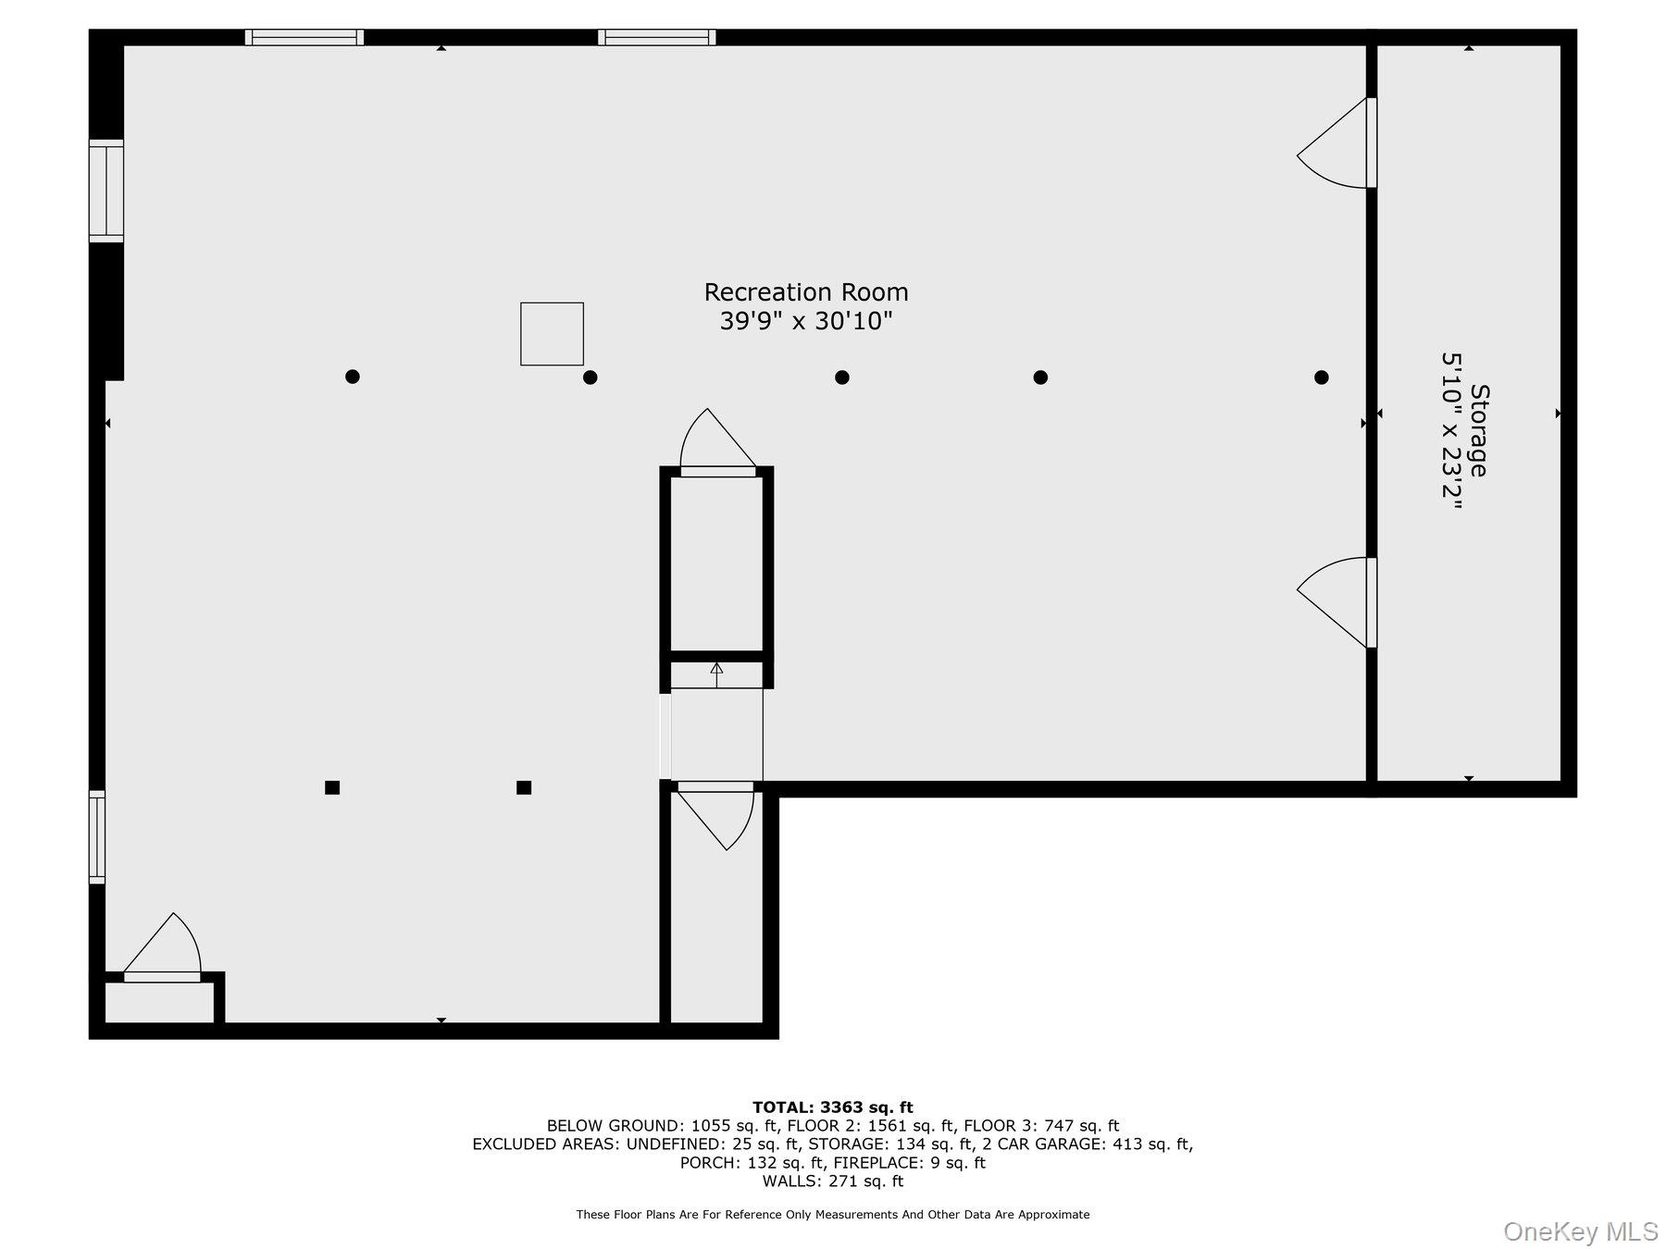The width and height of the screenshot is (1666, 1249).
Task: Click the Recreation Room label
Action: click(806, 292)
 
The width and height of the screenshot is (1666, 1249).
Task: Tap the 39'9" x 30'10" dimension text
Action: click(806, 322)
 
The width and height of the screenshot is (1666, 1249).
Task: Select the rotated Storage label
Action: click(1478, 430)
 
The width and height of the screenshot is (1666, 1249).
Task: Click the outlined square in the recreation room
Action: click(552, 333)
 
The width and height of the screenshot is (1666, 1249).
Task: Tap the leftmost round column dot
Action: click(352, 377)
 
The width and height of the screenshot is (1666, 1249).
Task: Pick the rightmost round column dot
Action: click(1322, 377)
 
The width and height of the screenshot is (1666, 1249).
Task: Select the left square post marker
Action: click(332, 787)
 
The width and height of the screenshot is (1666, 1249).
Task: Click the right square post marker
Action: click(524, 787)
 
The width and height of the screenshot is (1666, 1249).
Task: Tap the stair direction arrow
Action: click(716, 674)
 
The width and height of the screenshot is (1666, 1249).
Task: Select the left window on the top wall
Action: click(305, 38)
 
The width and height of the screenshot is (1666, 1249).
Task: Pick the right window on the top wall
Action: click(656, 38)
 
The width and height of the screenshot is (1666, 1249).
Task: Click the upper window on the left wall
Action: click(106, 191)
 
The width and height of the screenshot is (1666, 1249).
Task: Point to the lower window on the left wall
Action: click(97, 836)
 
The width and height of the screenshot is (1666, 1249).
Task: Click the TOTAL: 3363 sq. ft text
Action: click(833, 1107)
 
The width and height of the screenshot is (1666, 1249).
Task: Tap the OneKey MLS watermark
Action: click(1581, 1231)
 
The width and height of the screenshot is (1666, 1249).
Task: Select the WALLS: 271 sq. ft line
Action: click(833, 1181)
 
